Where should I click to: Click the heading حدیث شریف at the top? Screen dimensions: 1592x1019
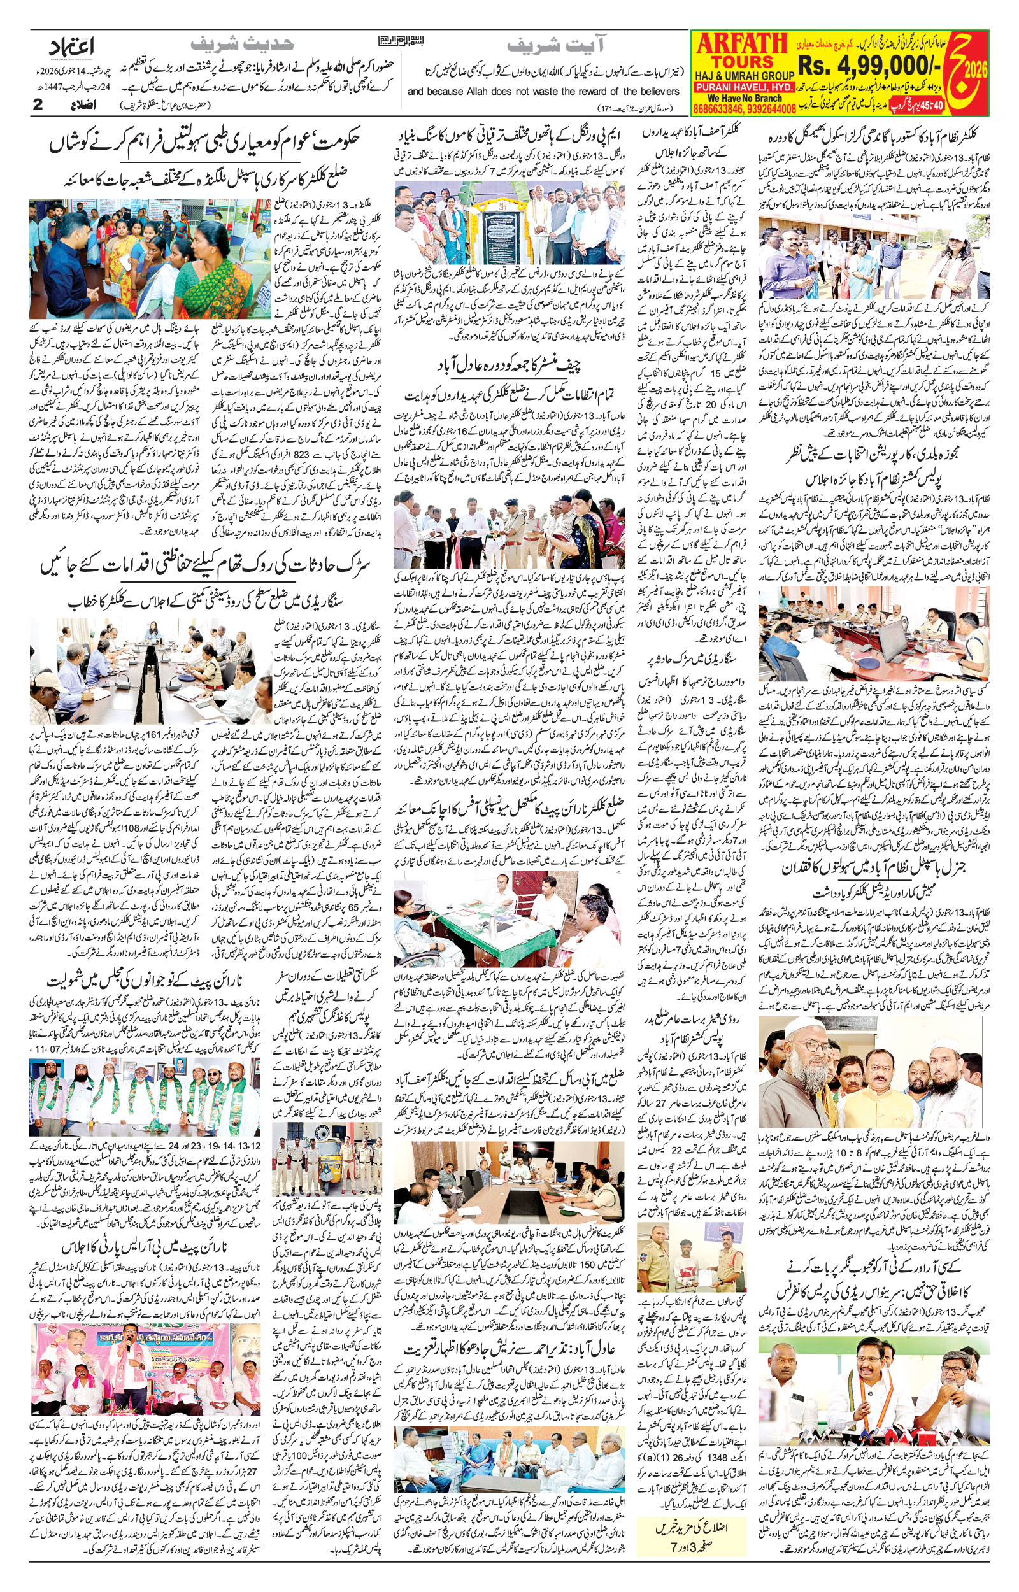tap(241, 45)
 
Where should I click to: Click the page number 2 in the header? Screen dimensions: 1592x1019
tap(38, 104)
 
